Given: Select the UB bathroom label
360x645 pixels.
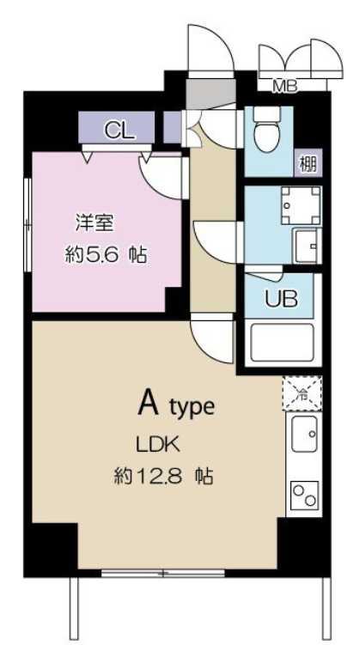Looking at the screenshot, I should tap(281, 300).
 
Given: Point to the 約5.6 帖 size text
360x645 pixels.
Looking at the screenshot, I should tap(105, 254).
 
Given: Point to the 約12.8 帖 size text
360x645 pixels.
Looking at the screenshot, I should tap(162, 474).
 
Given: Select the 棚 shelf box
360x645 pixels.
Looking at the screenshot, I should tap(307, 161).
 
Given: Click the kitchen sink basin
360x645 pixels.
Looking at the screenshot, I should tap(304, 436).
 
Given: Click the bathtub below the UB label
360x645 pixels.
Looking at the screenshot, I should tap(280, 344).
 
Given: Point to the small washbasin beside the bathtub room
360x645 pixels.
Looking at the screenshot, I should tap(305, 248).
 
